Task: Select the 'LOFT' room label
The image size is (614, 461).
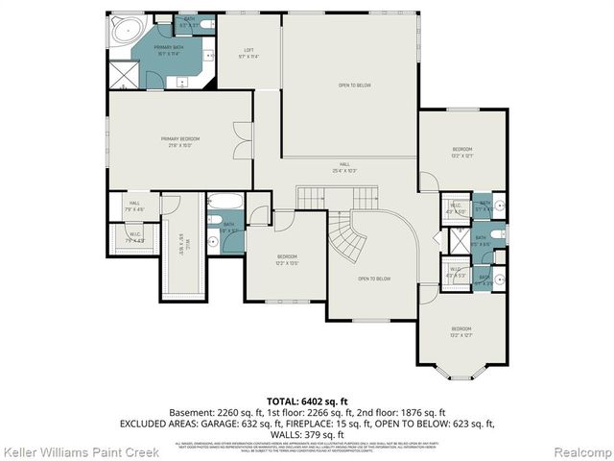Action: click(x=248, y=50)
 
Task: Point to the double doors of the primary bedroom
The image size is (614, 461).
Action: click(x=244, y=142)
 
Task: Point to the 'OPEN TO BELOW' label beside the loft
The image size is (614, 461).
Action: click(x=354, y=85)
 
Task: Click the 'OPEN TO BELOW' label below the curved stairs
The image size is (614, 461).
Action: click(x=374, y=279)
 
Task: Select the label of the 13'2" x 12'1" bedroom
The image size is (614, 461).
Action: click(x=462, y=152)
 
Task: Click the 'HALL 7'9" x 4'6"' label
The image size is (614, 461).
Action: click(x=134, y=206)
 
